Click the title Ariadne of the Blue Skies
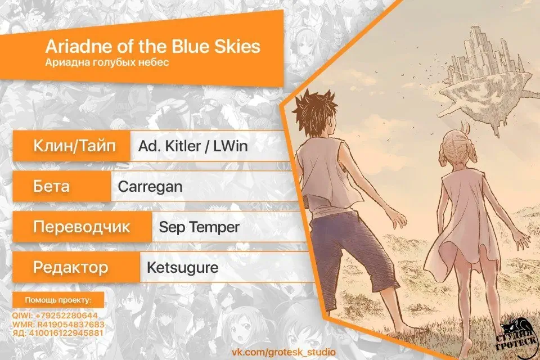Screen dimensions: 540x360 coord(153,46)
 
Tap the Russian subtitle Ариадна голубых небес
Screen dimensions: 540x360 coord(107,62)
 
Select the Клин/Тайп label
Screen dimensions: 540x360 coord(74,145)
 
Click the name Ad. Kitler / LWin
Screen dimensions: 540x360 coord(193,146)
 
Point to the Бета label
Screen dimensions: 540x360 coord(51,186)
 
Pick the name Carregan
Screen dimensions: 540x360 coord(150,187)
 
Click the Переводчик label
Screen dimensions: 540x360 coord(82,227)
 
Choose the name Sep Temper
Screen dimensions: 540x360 coord(199,227)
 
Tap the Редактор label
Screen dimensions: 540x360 coord(71,267)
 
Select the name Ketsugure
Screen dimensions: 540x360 coord(182,268)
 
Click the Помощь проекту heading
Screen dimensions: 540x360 coord(58,300)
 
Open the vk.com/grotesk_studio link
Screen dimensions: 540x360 coord(283,352)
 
